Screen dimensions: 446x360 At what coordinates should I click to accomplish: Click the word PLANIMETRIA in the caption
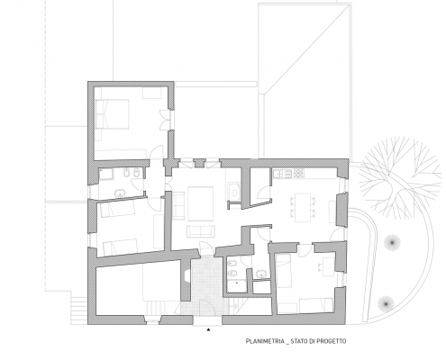point(265,341)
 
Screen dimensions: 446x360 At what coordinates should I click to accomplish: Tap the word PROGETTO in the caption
point(332,341)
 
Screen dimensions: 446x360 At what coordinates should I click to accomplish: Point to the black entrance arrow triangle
point(208,329)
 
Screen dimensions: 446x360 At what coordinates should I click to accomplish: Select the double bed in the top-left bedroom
point(112,114)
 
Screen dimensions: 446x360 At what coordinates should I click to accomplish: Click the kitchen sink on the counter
point(282,174)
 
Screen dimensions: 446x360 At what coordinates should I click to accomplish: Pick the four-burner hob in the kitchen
point(298,173)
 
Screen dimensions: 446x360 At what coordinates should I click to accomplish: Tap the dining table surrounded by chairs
point(303,207)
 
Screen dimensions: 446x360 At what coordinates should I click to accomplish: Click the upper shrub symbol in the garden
point(391,242)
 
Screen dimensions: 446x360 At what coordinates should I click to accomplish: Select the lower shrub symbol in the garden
point(386,303)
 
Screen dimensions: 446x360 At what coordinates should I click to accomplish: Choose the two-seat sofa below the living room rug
point(201,231)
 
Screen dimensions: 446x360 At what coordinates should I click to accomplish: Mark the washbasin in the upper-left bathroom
point(121,193)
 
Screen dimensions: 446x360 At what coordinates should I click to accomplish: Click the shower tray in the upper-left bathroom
point(105,175)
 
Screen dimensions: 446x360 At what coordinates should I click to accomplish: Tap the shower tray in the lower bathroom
point(236,286)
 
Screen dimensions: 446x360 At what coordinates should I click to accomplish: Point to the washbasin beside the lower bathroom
point(261,274)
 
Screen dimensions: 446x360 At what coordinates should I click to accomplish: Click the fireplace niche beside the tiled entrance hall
point(187,275)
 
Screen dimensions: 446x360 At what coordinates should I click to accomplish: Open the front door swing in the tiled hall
point(207,309)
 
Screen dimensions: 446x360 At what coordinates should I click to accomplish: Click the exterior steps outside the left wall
point(79,308)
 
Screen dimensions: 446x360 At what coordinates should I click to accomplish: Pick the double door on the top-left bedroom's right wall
point(166,120)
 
